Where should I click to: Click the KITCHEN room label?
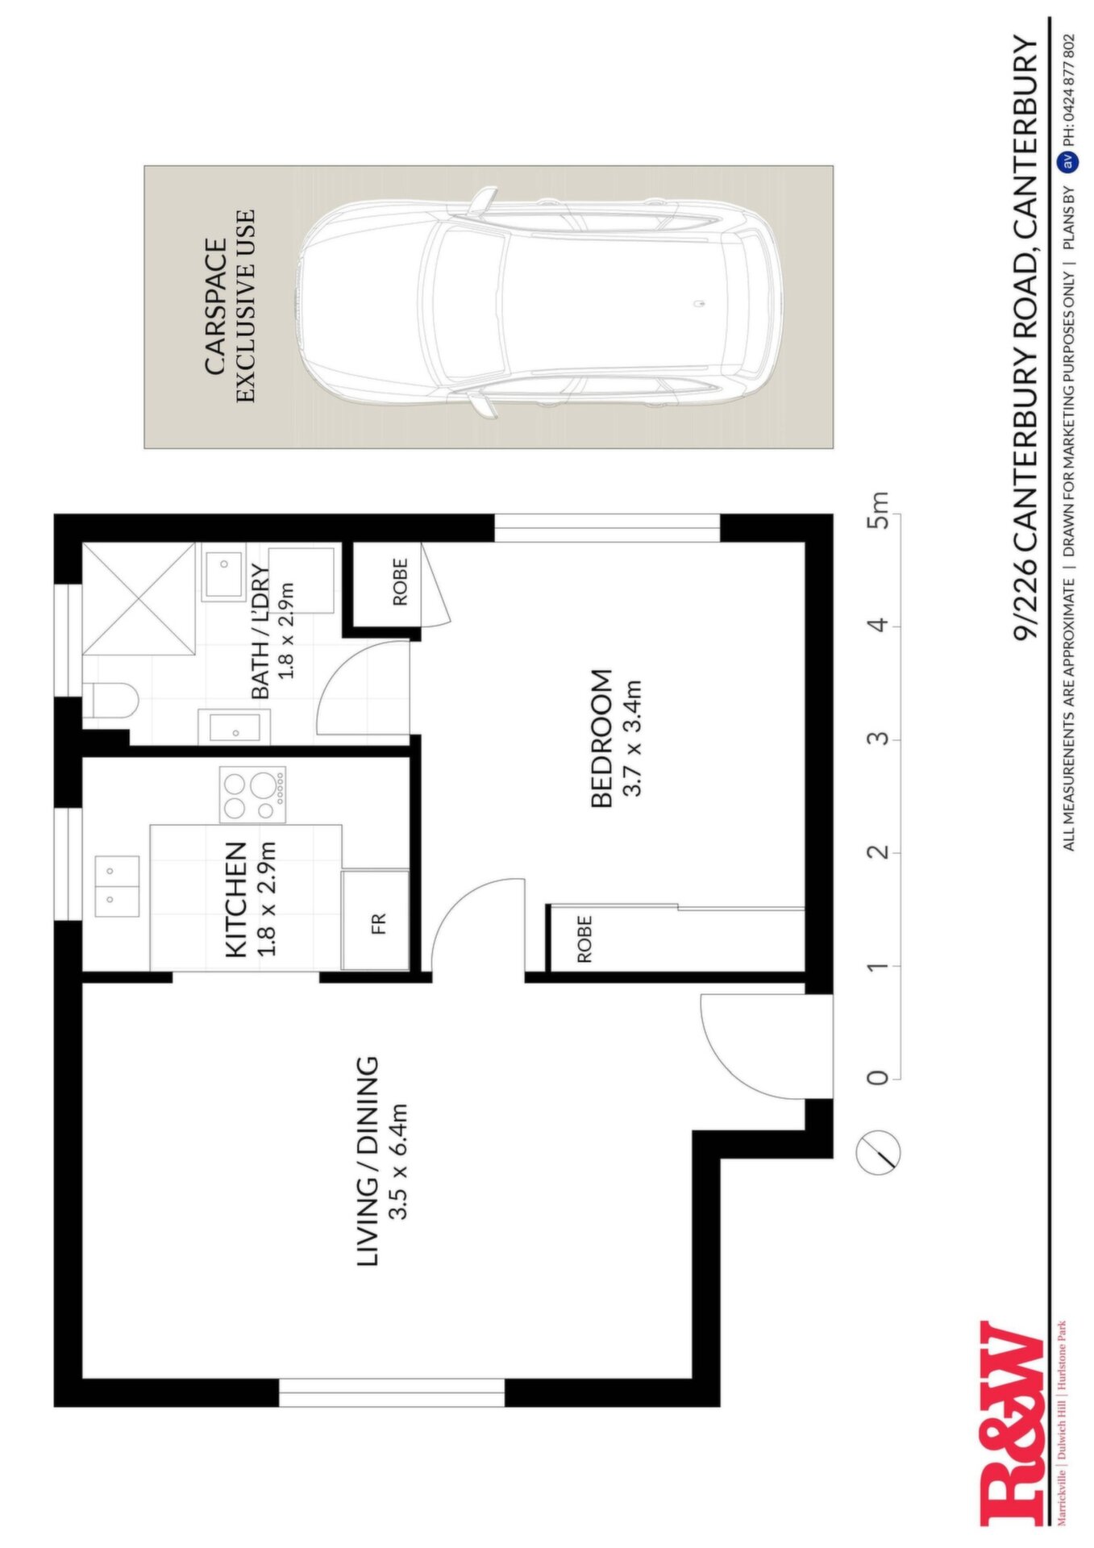click(235, 900)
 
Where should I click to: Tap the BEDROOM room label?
click(602, 739)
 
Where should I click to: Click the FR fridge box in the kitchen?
click(376, 920)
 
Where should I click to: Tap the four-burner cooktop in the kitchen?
click(252, 794)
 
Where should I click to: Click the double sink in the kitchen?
click(117, 886)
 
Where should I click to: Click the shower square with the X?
click(139, 597)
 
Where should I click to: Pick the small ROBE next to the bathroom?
click(401, 581)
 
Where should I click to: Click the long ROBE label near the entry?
click(584, 938)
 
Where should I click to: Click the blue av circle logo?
click(1067, 161)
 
